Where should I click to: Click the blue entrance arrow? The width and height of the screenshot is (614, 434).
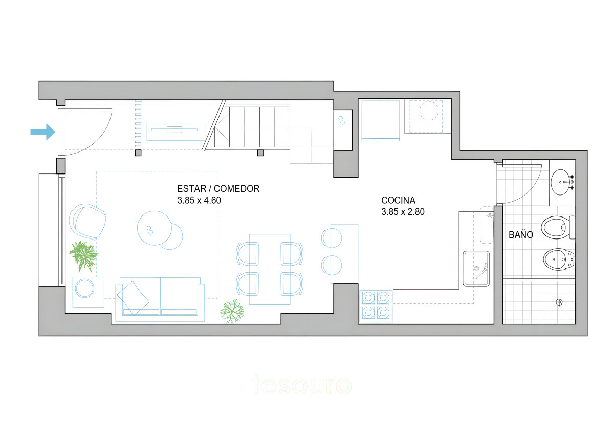42,132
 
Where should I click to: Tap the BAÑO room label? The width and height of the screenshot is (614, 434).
521,235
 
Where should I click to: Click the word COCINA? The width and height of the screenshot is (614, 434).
399,200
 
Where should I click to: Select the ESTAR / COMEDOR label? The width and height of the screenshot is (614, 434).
218,188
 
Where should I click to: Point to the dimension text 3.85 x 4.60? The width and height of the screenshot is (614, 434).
199,200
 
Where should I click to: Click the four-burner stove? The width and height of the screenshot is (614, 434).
376,306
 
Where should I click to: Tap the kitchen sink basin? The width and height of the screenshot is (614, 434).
477,269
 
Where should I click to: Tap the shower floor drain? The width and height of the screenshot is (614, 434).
559,302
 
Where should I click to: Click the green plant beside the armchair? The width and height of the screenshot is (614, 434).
83,255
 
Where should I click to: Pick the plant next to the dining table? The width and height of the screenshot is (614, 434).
232,311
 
